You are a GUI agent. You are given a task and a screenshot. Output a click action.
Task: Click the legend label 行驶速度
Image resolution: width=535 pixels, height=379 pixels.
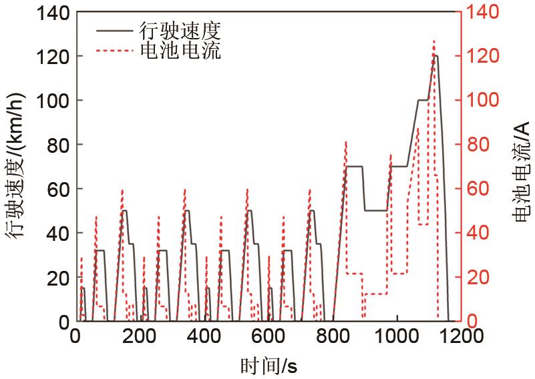pos(179,30)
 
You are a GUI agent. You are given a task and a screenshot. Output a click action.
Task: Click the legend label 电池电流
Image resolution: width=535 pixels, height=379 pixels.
pos(179,51)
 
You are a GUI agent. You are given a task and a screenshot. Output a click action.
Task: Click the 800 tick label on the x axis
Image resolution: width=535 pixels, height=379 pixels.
pos(333,336)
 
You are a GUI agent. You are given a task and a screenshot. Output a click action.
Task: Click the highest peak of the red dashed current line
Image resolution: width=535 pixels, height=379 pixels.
pos(433,41)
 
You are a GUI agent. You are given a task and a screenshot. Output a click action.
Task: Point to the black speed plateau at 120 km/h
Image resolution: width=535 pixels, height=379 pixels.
pos(435,56)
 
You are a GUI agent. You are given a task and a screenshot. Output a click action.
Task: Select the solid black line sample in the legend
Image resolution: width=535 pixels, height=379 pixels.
pos(116,31)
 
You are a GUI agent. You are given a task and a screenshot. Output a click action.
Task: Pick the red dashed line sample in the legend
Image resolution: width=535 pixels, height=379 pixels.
pos(116,51)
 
